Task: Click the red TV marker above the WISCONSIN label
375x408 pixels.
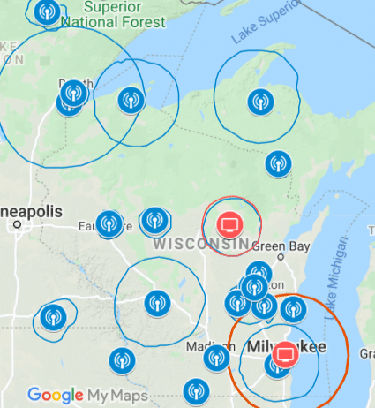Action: click(x=229, y=222)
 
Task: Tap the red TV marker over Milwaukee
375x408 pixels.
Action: click(x=285, y=355)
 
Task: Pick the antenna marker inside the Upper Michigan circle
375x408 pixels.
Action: click(x=259, y=102)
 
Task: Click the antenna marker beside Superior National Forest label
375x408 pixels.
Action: click(x=48, y=11)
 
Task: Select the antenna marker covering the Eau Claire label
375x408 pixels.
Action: click(x=109, y=223)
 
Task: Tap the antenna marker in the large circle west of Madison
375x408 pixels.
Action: click(x=157, y=303)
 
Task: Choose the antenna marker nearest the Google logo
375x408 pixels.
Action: click(x=121, y=359)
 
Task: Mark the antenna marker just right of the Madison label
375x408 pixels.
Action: click(x=216, y=357)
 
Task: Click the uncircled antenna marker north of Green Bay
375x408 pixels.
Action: click(x=278, y=162)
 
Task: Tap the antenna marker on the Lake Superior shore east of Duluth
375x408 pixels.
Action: click(x=131, y=101)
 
